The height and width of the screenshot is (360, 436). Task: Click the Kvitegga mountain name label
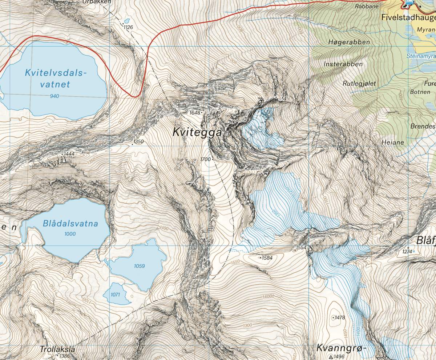point(197,133)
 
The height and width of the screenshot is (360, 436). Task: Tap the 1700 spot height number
point(205,159)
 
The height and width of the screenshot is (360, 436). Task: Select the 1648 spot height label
point(194,113)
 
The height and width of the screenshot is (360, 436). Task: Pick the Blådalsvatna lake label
point(70,224)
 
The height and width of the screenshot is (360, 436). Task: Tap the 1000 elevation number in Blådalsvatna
point(70,234)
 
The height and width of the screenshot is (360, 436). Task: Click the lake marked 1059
point(139,266)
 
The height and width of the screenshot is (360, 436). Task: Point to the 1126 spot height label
point(128,27)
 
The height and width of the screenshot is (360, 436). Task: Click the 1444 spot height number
point(69,154)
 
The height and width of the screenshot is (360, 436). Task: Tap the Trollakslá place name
point(57,349)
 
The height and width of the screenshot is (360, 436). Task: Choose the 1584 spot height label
point(267,258)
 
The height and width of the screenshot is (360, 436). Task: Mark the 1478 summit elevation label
point(340,317)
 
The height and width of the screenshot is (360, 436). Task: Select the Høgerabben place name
point(349,42)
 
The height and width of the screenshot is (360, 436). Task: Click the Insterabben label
point(343,64)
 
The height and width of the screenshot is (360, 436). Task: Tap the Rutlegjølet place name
point(359,83)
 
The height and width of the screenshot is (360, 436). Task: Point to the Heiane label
point(393,143)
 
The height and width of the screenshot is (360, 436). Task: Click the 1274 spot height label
point(407,252)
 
